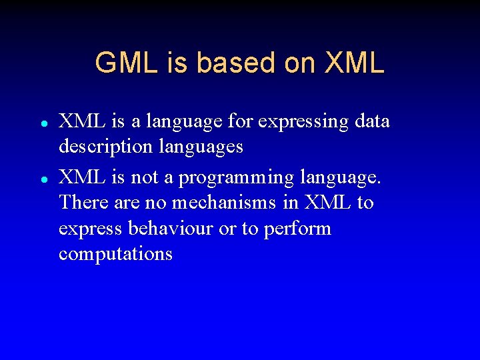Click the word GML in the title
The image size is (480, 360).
click(x=125, y=63)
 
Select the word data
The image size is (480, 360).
click(x=372, y=122)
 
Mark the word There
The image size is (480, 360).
click(x=81, y=202)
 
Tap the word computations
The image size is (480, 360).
click(x=115, y=254)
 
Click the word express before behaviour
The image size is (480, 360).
click(x=89, y=229)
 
